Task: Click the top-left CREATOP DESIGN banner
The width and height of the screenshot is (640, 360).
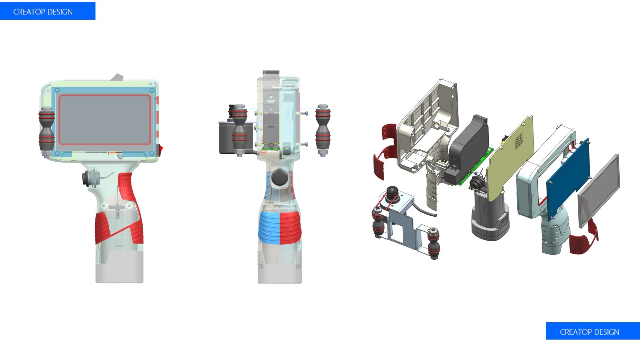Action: tap(48, 11)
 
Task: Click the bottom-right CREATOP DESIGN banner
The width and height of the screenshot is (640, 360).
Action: tap(593, 331)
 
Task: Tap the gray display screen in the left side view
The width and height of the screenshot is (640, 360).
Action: tap(105, 120)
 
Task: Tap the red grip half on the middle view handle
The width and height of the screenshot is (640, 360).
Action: tap(290, 228)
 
